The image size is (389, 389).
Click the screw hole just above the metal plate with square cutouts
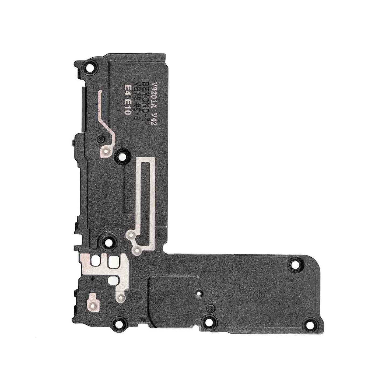click(108, 241)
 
